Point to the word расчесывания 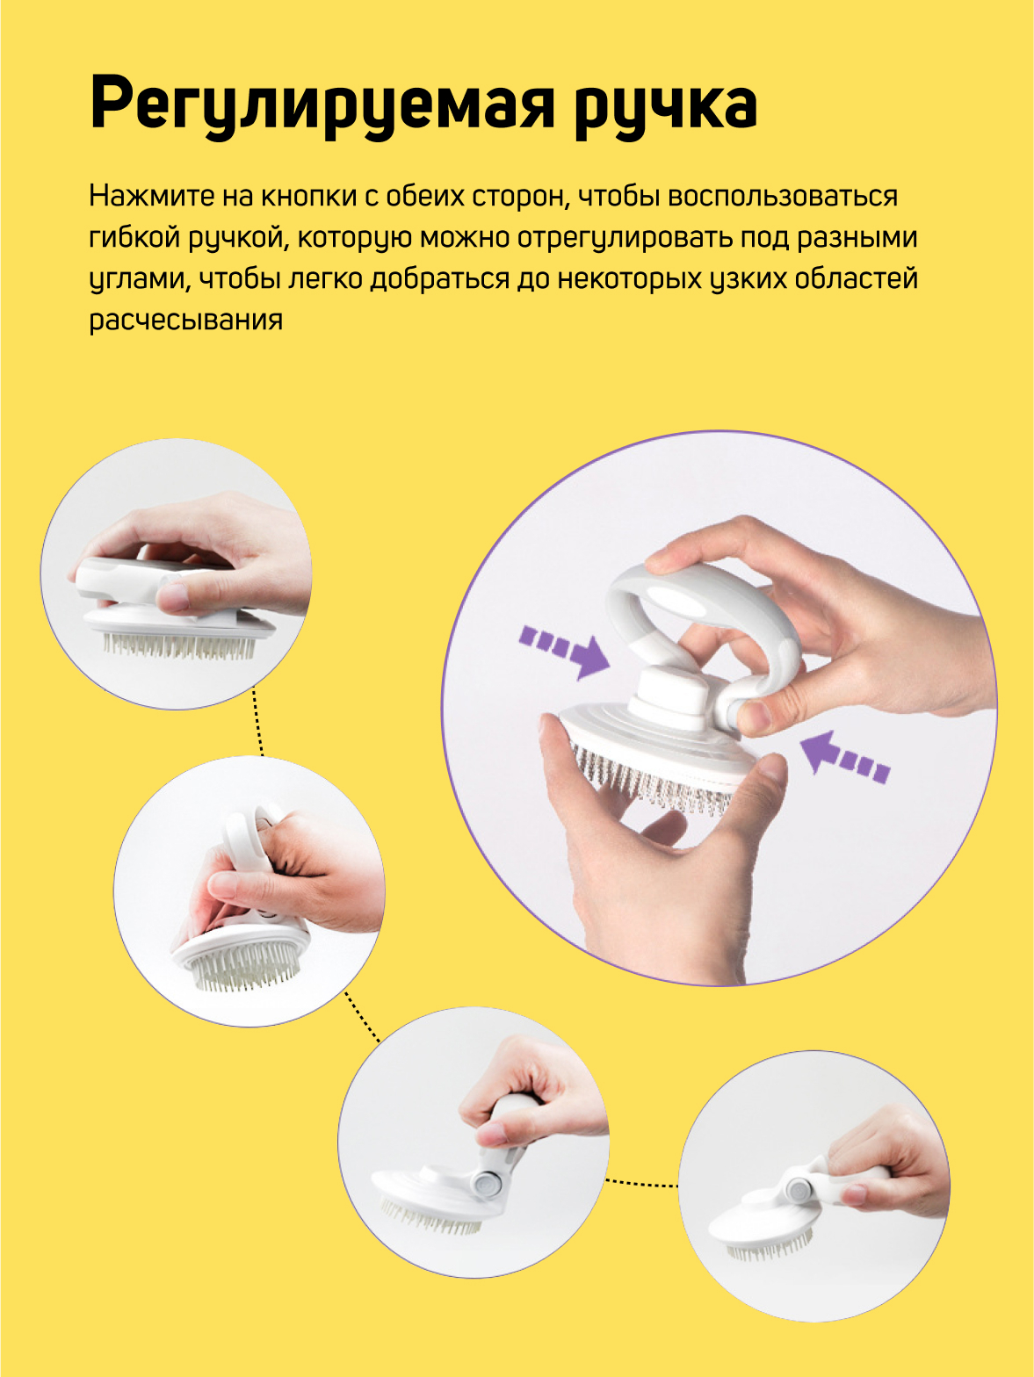tap(185, 321)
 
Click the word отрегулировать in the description tap(626, 238)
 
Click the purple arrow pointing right tap(565, 652)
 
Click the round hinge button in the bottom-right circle tap(800, 1189)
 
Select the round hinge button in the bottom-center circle tap(487, 1185)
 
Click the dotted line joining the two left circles tap(258, 722)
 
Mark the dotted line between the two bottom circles tap(641, 1183)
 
